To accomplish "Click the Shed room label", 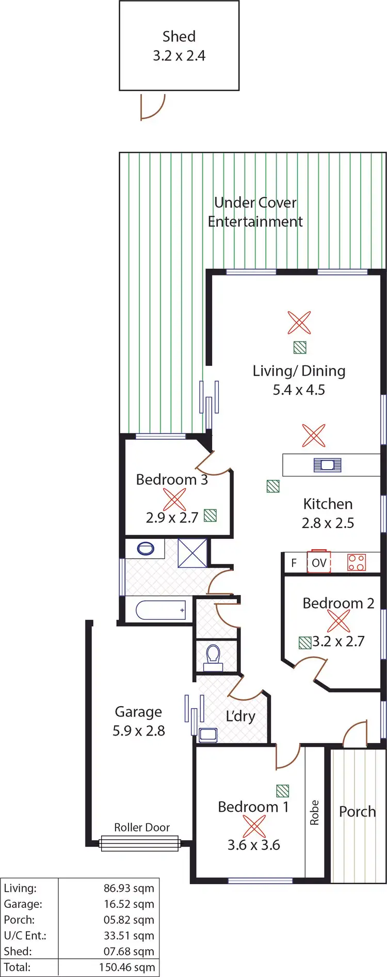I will (179, 37).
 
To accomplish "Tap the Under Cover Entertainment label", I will (255, 212).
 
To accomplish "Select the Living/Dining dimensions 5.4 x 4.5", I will (299, 390).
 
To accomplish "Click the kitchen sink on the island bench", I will (328, 465).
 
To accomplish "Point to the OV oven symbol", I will (319, 563).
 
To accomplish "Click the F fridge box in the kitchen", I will (294, 563).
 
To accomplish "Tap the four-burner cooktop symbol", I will (357, 562).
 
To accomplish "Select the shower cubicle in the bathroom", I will (192, 553).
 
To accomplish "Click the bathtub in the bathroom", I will (160, 610).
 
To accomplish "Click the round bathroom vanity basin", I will (146, 548).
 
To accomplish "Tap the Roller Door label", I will (142, 827).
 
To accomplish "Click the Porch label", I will (357, 811).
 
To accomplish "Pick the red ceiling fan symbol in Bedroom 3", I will (174, 499).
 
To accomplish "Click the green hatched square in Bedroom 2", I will (305, 643).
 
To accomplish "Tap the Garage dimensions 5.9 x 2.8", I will (139, 731).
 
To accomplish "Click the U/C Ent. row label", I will (25, 935).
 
